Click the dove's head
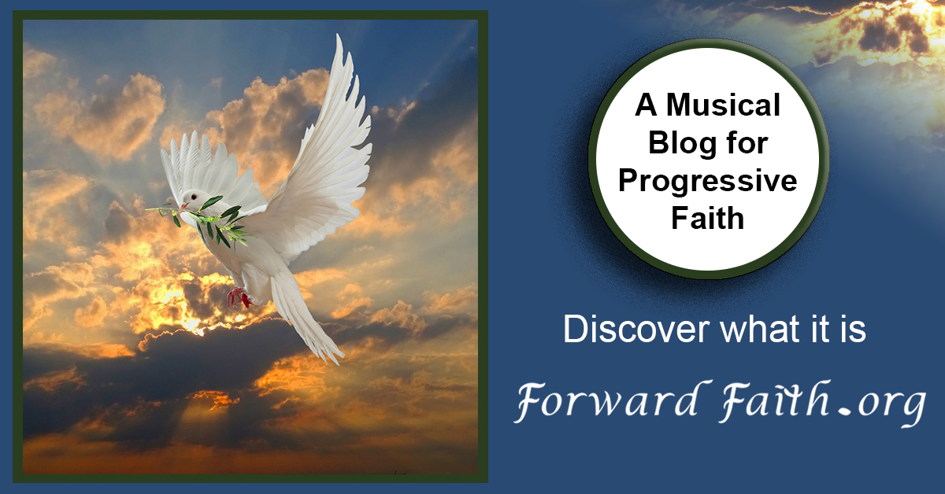(192, 199)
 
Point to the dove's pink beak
(182, 207)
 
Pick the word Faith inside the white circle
(707, 218)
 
